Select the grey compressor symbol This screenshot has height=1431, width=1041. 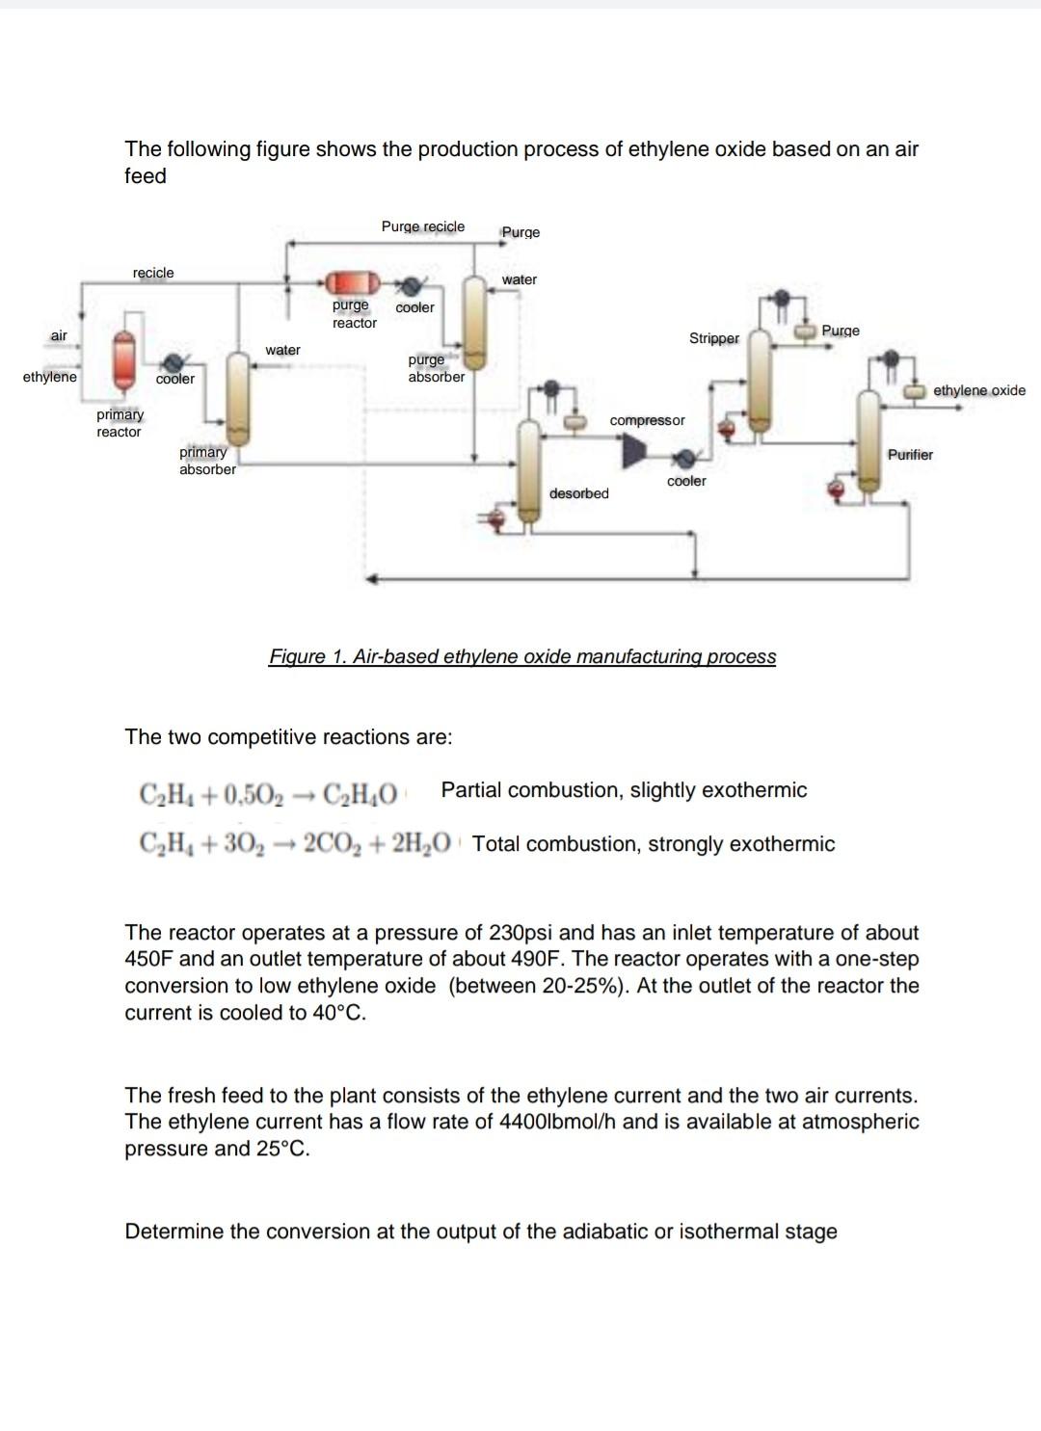pyautogui.click(x=633, y=451)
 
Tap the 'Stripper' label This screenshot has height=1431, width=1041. pyautogui.click(x=713, y=338)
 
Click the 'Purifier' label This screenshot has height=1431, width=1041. pyautogui.click(x=910, y=455)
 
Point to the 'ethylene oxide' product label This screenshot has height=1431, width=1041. pyautogui.click(x=978, y=390)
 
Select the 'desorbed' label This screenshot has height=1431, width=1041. pyautogui.click(x=578, y=493)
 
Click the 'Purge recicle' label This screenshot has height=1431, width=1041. pyautogui.click(x=422, y=226)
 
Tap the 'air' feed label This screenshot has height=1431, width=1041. pyautogui.click(x=59, y=335)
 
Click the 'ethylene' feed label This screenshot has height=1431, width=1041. pyautogui.click(x=50, y=377)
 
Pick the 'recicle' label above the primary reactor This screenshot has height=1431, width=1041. pyautogui.click(x=153, y=273)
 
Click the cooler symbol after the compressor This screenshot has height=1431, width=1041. pyautogui.click(x=685, y=459)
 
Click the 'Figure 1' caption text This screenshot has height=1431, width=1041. pyautogui.click(x=521, y=656)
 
